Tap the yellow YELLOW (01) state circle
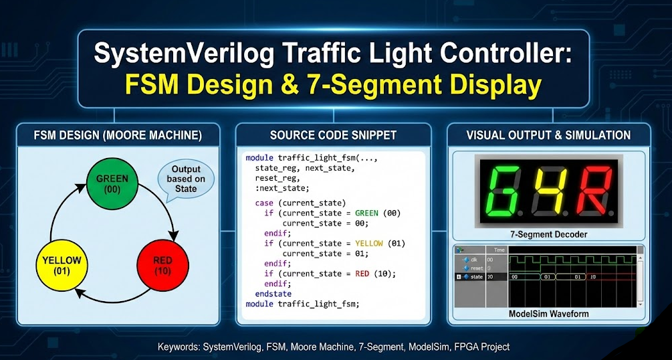[61, 266]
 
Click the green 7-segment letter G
[502, 191]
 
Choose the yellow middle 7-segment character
[547, 191]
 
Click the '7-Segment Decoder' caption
[548, 234]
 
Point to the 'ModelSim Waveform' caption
[548, 313]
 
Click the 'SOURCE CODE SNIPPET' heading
[333, 136]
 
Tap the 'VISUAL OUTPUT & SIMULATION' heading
[548, 136]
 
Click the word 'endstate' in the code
[273, 294]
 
